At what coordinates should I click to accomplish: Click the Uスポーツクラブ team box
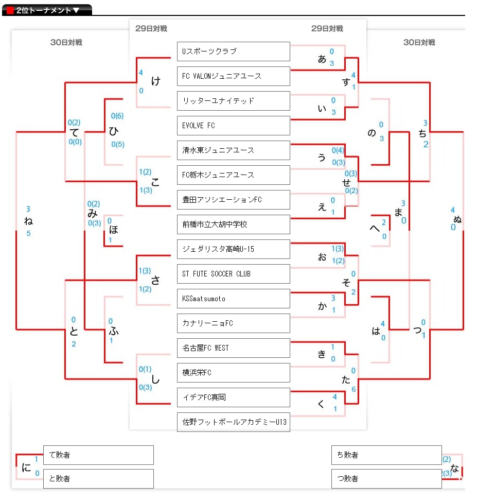[x=234, y=51]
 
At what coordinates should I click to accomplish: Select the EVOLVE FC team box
[x=234, y=126]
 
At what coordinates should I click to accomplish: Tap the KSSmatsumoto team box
[x=234, y=298]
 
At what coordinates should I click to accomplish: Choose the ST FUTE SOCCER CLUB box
[x=234, y=273]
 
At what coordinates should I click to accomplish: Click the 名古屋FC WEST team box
[x=234, y=348]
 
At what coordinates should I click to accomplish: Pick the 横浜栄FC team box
[x=234, y=372]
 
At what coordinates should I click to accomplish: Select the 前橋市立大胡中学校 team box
[x=234, y=224]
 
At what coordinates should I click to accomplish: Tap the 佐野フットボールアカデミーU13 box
[x=234, y=422]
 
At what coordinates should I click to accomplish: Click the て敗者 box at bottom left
[x=98, y=455]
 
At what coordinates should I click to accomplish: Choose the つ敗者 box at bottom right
[x=386, y=479]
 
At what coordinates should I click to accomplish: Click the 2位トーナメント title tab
[x=47, y=10]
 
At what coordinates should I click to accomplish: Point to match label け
[x=156, y=81]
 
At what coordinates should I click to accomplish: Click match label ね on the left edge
[x=28, y=221]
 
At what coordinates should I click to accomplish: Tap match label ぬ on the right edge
[x=457, y=219]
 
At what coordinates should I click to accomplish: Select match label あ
[x=322, y=59]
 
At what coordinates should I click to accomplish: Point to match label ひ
[x=114, y=131]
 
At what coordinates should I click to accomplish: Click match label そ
[x=346, y=282]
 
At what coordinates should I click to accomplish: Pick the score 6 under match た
[x=354, y=389]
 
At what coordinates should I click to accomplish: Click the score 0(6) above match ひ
[x=117, y=116]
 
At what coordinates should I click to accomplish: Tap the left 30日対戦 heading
[x=66, y=42]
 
